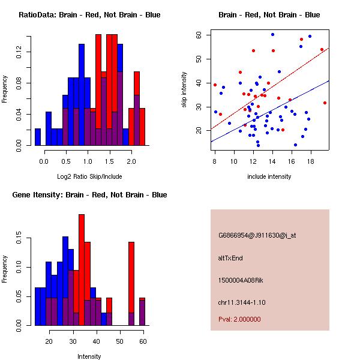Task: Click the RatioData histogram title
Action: tap(89, 15)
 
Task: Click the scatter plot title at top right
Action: tap(269, 15)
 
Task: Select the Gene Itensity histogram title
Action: tap(89, 195)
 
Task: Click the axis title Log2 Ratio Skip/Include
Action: tap(89, 176)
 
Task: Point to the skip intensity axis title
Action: tap(184, 90)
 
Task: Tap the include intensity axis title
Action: tap(269, 176)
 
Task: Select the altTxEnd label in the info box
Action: tap(230, 258)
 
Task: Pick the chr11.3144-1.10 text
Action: tap(242, 302)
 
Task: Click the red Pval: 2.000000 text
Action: tap(239, 319)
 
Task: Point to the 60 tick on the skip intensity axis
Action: tap(199, 35)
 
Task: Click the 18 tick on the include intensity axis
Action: tap(311, 161)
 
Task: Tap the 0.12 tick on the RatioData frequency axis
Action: tap(20, 52)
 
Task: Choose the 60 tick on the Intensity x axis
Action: tap(142, 341)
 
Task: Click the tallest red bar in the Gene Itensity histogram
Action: tap(82, 270)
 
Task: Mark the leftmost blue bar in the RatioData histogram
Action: tap(37, 137)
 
